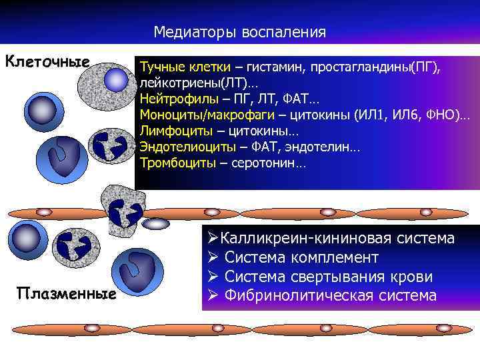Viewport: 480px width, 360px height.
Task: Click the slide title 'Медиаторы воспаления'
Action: (x=239, y=32)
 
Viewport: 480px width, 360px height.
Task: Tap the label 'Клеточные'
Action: (x=47, y=62)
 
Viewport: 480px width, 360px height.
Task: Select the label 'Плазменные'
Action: (x=67, y=293)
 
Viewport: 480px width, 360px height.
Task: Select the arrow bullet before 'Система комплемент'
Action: (x=212, y=257)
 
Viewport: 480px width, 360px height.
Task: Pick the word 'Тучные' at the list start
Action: (x=160, y=68)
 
